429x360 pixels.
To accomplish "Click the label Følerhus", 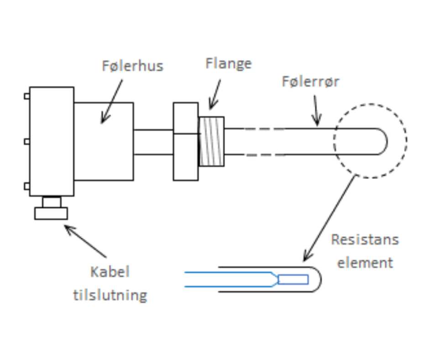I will [x=132, y=66].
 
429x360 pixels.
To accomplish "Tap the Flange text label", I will [x=228, y=63].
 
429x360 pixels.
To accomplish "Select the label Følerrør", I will [x=310, y=82].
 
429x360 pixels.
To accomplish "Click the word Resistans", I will [x=365, y=239].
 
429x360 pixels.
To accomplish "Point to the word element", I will [x=365, y=263].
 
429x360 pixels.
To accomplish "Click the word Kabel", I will [x=110, y=272].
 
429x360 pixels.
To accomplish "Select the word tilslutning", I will [x=110, y=295].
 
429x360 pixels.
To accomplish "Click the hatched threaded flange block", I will [x=211, y=141].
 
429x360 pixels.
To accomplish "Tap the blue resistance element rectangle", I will [x=293, y=279].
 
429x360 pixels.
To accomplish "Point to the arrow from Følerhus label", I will [x=111, y=102].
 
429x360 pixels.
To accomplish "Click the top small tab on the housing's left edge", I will [x=27, y=96].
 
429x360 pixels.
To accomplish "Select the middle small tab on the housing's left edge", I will [x=27, y=142].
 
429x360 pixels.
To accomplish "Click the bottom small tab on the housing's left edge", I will [x=27, y=186].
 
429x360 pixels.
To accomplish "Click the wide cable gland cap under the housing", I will [x=51, y=213].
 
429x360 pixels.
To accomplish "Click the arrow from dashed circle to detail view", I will [x=329, y=219].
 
